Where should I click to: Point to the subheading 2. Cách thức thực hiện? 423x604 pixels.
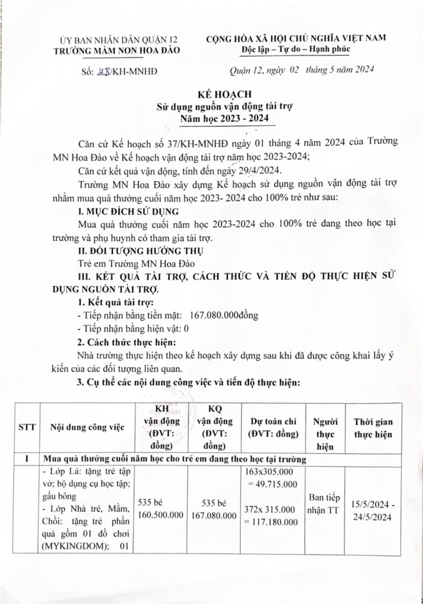click(x=122, y=342)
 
